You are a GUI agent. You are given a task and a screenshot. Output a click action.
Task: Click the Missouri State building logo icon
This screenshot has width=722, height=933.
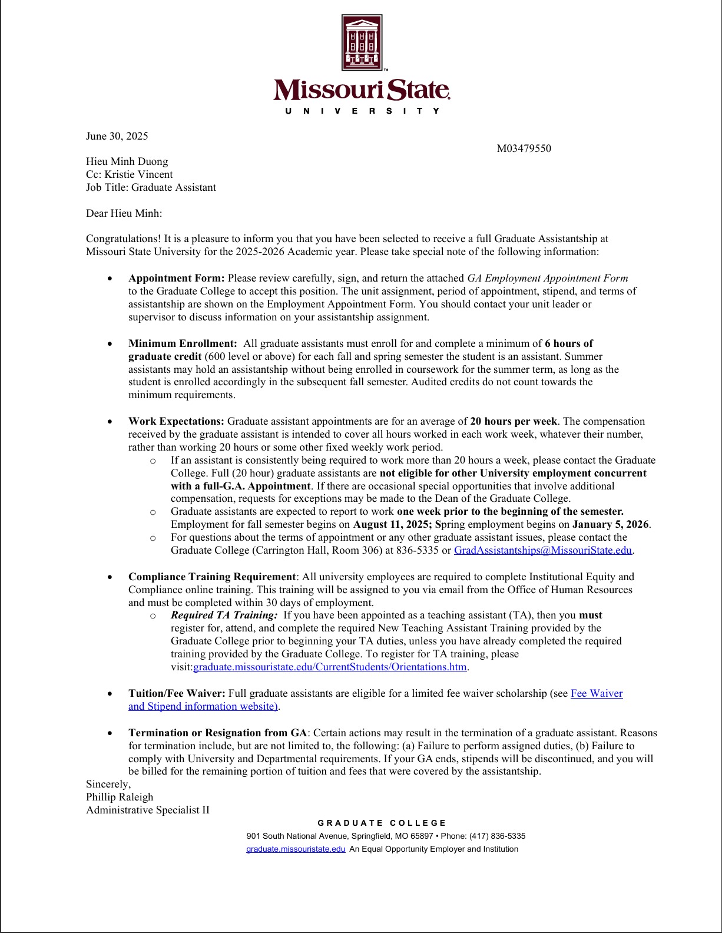coord(362,43)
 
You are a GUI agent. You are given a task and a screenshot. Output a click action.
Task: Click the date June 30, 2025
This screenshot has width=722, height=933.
coord(117,136)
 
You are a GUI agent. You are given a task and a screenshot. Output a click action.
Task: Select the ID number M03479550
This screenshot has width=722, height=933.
coord(524,148)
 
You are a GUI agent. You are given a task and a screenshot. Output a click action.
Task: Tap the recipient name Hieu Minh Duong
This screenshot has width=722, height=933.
coord(127,161)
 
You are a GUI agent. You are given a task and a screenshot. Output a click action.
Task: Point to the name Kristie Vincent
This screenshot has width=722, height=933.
coord(138,174)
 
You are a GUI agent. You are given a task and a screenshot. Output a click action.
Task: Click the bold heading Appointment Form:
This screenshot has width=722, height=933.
coord(176,278)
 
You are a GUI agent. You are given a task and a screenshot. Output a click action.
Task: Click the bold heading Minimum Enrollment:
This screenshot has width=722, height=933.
coord(183,343)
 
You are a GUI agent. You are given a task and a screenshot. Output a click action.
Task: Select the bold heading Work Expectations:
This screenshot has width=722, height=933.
coord(176,421)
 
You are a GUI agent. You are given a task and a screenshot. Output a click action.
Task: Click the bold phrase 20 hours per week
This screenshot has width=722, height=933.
coord(513,421)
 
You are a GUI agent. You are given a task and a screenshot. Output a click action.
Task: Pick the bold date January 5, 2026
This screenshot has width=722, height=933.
coord(610,524)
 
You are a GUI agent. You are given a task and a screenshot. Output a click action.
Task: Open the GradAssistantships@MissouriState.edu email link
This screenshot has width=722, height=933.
coord(542,550)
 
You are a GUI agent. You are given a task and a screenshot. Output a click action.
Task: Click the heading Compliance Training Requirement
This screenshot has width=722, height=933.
coord(212,577)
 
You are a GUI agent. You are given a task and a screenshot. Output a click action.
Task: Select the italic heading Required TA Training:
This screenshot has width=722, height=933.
coord(224,615)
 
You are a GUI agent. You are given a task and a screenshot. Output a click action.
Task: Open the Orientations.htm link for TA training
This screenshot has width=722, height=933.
coord(330,667)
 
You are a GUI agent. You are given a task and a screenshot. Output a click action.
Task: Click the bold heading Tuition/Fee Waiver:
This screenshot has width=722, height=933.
coord(177,693)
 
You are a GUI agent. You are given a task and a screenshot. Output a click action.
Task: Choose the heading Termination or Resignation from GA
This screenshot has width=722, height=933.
coord(217,733)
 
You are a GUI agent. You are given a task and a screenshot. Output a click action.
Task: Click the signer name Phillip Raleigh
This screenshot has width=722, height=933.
coord(120,797)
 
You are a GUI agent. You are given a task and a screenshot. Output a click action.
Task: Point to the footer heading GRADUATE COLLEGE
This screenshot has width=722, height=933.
coord(382,823)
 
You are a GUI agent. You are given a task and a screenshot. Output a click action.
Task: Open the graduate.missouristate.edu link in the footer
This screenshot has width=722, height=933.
coord(296,849)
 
